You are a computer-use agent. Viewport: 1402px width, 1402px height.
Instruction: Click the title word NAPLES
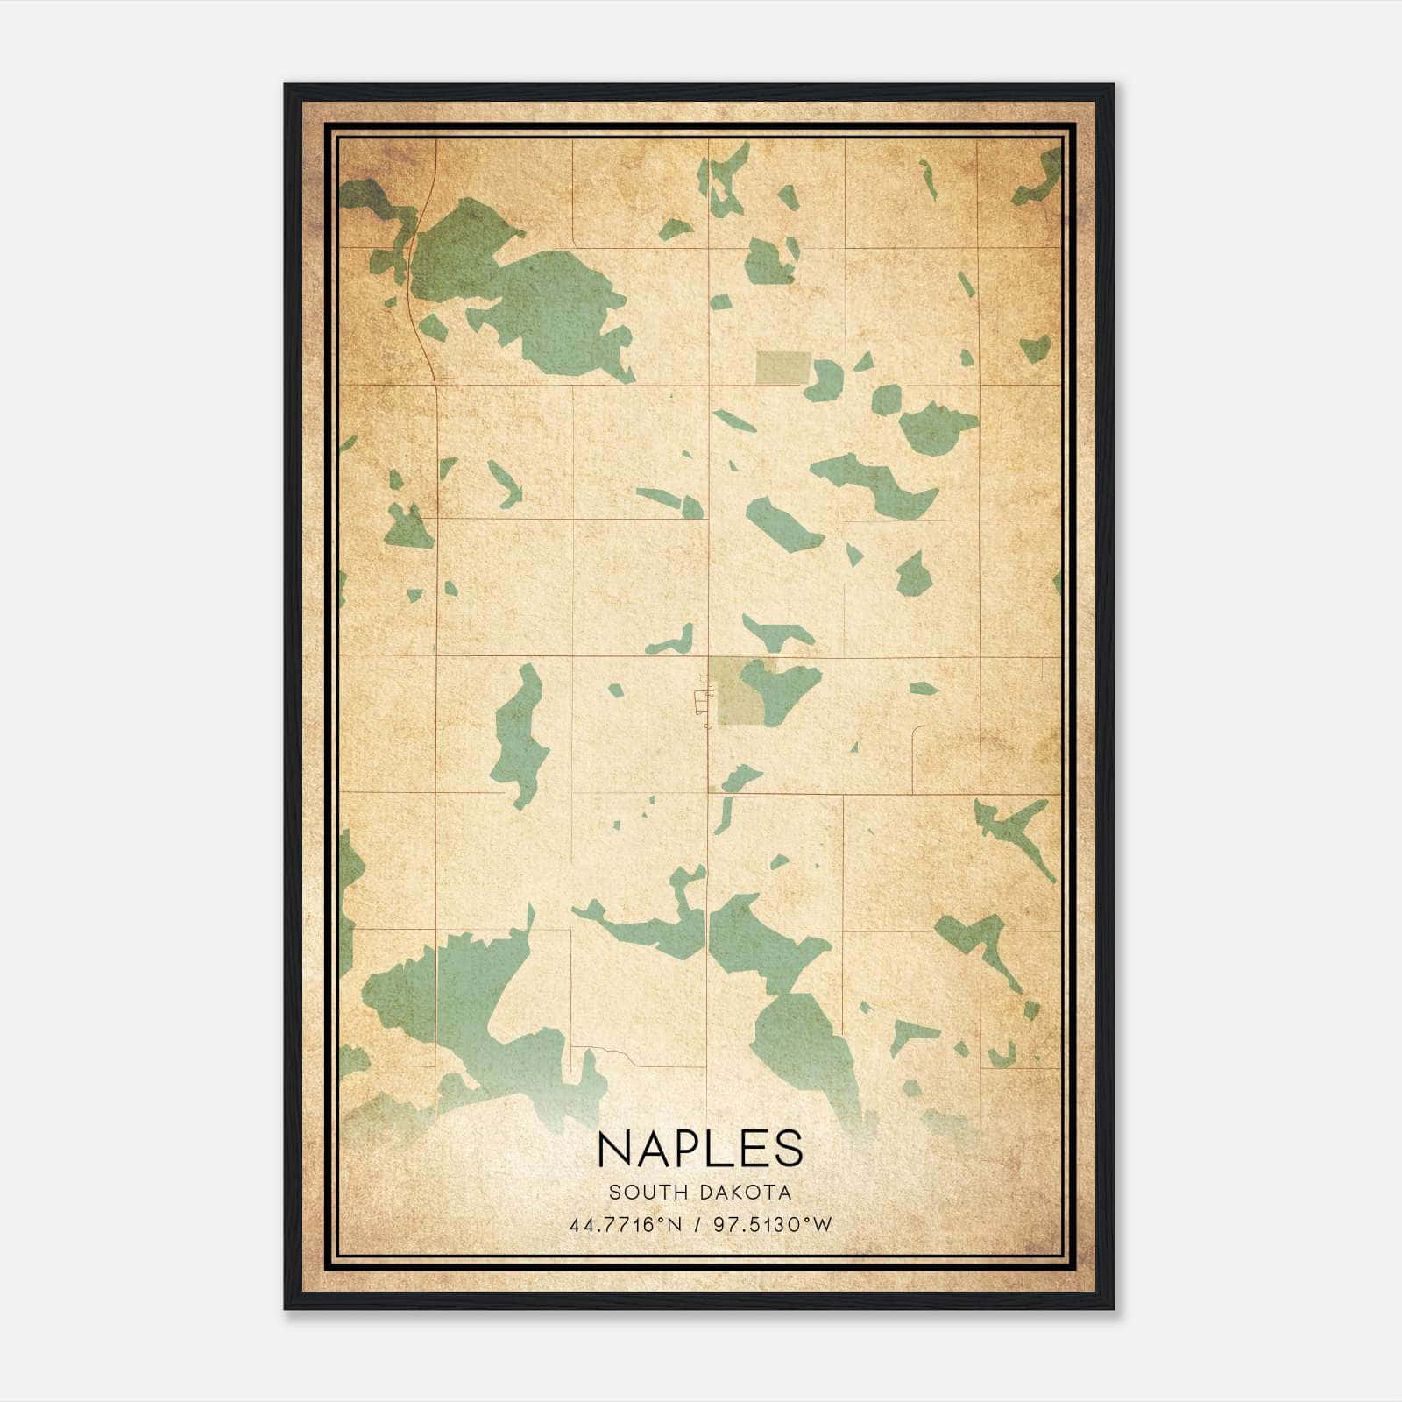pos(699,1148)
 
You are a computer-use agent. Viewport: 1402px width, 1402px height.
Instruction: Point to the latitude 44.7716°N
pos(625,1225)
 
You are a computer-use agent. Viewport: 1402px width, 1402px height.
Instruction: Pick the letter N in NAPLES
pos(614,1148)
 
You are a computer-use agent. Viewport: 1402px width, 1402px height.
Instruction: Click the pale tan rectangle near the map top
pos(782,367)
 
